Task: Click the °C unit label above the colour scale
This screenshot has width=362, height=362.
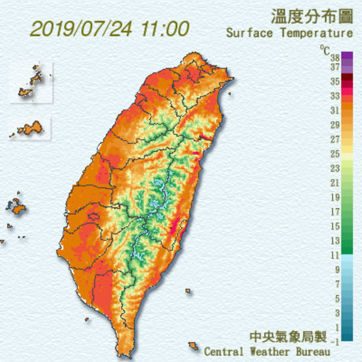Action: [x=324, y=49]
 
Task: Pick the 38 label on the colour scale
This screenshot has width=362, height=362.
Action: [x=334, y=58]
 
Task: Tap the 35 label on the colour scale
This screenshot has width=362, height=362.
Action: [x=334, y=81]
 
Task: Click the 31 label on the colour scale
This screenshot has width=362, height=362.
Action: [x=334, y=110]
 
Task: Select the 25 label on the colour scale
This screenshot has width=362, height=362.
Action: [x=334, y=154]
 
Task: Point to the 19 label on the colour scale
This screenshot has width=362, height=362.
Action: [x=334, y=197]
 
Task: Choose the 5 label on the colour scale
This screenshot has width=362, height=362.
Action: [x=337, y=299]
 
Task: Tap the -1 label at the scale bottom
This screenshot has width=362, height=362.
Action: [x=335, y=341]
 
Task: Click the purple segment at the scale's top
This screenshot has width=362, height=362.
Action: [x=347, y=56]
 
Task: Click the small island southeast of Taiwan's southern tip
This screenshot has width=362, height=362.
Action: [x=193, y=345]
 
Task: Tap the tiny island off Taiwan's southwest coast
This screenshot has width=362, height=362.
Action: [x=87, y=319]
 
